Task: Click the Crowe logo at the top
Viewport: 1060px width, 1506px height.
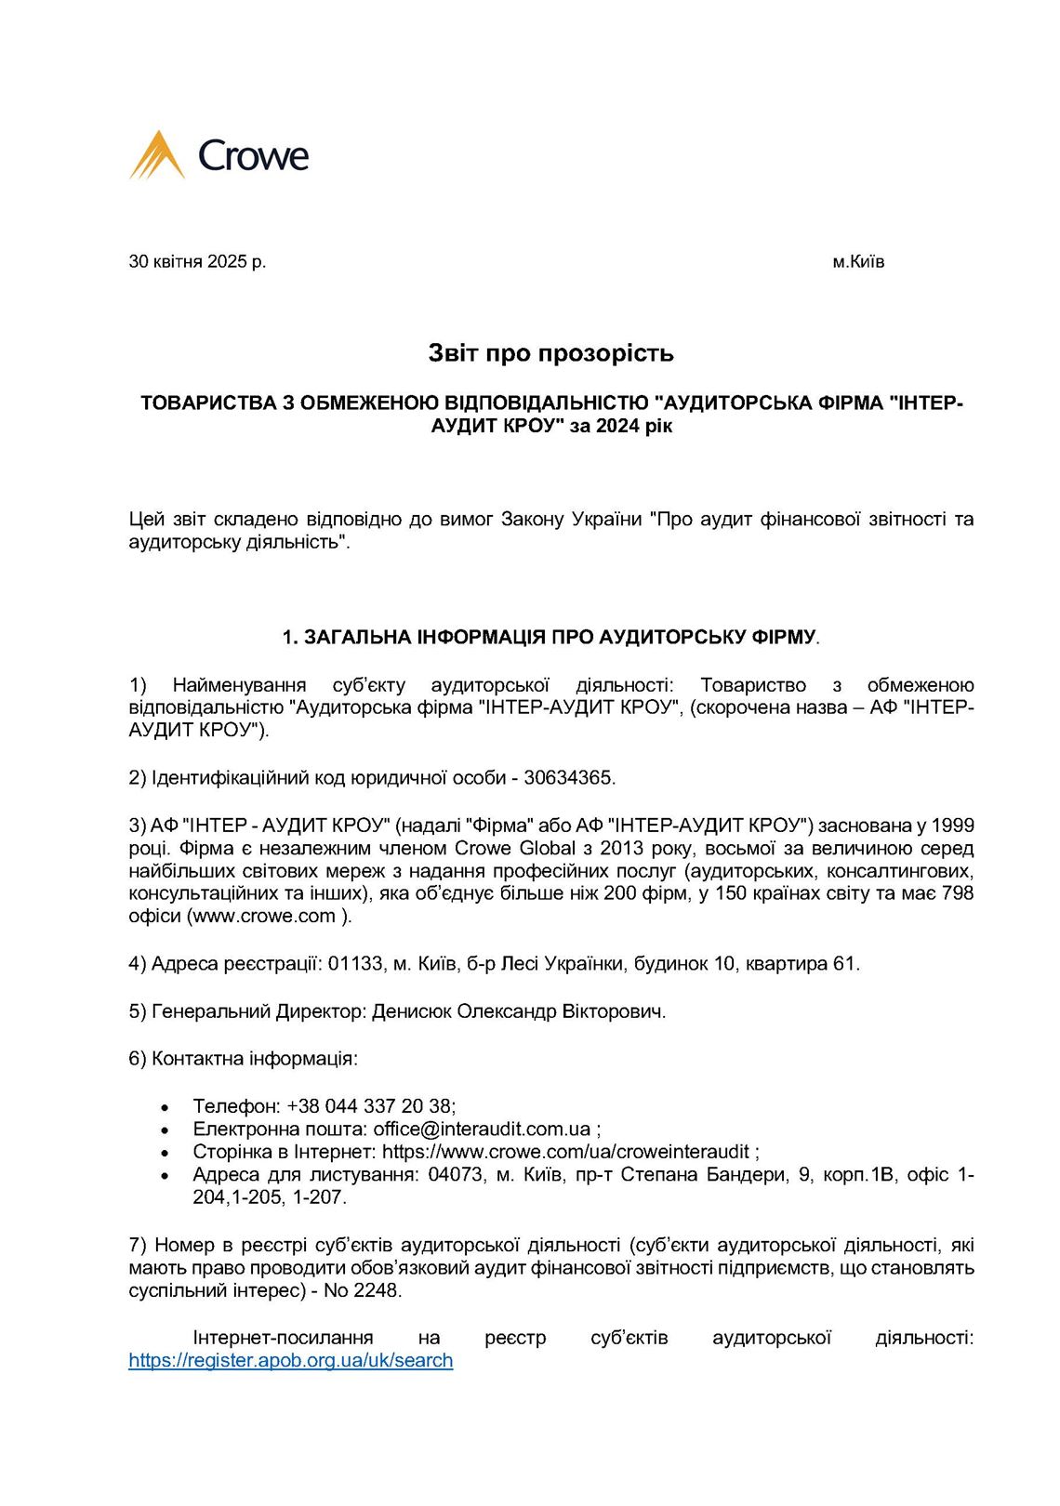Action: (x=219, y=155)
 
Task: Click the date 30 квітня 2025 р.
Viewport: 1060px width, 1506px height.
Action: (x=197, y=261)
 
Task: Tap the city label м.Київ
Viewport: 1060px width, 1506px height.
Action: (x=858, y=261)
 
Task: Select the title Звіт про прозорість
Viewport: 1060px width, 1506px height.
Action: (x=550, y=353)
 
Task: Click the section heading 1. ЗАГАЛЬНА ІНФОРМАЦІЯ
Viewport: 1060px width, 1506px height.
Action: (x=550, y=637)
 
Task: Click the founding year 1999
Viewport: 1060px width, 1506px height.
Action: (x=951, y=825)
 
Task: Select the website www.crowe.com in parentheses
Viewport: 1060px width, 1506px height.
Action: (x=264, y=916)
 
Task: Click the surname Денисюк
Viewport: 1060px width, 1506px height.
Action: (x=412, y=1011)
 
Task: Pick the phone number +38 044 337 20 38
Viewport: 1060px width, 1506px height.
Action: (x=370, y=1106)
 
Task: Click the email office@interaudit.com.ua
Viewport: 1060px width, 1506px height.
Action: (x=482, y=1129)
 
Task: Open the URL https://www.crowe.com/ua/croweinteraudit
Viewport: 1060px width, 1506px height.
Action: (x=565, y=1152)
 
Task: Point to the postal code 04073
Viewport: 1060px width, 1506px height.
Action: (x=456, y=1174)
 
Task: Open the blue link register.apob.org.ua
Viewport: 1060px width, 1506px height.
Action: (x=290, y=1360)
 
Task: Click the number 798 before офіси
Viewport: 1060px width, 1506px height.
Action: (x=957, y=893)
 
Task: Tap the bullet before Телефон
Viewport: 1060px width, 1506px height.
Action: (x=166, y=1107)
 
